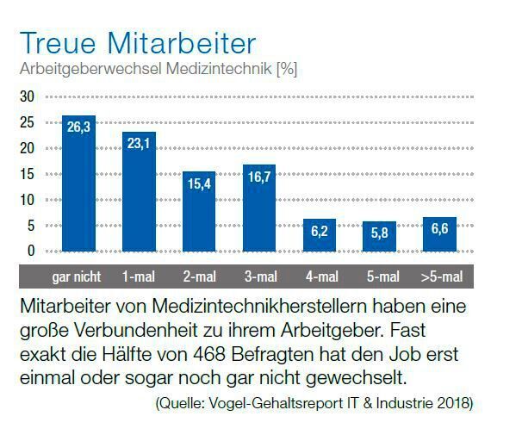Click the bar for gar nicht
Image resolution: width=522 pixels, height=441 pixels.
pyautogui.click(x=78, y=185)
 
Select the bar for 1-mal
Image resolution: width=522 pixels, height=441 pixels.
pyautogui.click(x=139, y=194)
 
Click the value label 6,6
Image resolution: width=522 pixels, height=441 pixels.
pyautogui.click(x=439, y=231)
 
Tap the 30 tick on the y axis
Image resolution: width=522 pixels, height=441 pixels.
pyautogui.click(x=28, y=96)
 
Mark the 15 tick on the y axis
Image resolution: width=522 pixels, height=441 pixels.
pyautogui.click(x=28, y=174)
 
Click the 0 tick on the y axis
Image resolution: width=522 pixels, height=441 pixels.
pyautogui.click(x=31, y=252)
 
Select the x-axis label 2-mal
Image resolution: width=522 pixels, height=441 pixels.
pyautogui.click(x=199, y=276)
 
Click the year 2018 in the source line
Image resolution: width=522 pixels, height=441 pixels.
pyautogui.click(x=453, y=403)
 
